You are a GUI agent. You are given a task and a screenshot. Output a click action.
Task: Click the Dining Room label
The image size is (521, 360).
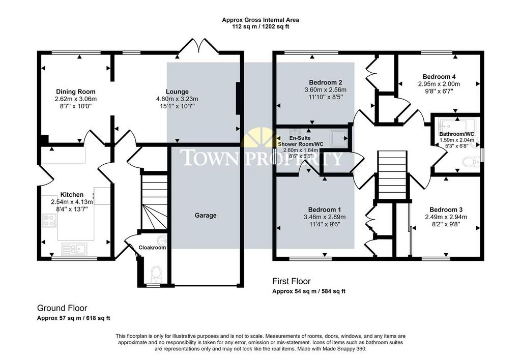pos(75,92)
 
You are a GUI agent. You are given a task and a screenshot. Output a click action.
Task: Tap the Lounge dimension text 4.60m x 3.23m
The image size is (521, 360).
pos(177,99)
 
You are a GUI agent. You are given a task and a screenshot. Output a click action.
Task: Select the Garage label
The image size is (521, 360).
pos(206,216)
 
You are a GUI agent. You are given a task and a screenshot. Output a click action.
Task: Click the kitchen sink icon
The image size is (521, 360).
pos(75,249)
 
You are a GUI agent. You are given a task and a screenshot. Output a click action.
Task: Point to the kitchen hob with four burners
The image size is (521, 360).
pos(49,220)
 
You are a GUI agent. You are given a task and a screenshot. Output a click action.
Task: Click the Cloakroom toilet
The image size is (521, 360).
pos(156,274)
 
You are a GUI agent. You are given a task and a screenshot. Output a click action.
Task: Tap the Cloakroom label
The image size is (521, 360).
pos(152,248)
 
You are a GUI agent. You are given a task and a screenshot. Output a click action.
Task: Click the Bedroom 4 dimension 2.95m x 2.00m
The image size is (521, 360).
pos(439,84)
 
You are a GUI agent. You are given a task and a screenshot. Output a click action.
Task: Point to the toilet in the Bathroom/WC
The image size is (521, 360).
pos(471,162)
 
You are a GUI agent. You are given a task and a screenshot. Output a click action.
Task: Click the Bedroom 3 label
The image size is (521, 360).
pos(446,209)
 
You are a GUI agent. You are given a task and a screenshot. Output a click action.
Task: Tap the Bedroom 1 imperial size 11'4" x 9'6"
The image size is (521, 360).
pos(325,224)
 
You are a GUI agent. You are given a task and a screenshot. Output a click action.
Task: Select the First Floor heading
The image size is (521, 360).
pos(292,281)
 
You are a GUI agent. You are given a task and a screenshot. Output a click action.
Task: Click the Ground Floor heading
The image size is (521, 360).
pos(62,308)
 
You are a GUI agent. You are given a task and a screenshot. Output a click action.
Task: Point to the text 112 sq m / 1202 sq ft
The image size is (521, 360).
pos(260,26)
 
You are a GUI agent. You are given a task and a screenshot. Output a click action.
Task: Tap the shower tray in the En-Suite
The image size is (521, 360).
pos(338,138)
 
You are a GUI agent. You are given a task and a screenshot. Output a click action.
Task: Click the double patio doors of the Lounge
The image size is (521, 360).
pos(199,45)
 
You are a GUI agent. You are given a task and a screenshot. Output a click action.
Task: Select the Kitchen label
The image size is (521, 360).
pos(72,195)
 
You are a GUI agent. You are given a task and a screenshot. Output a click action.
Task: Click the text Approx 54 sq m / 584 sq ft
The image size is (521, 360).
pos(309,291)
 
